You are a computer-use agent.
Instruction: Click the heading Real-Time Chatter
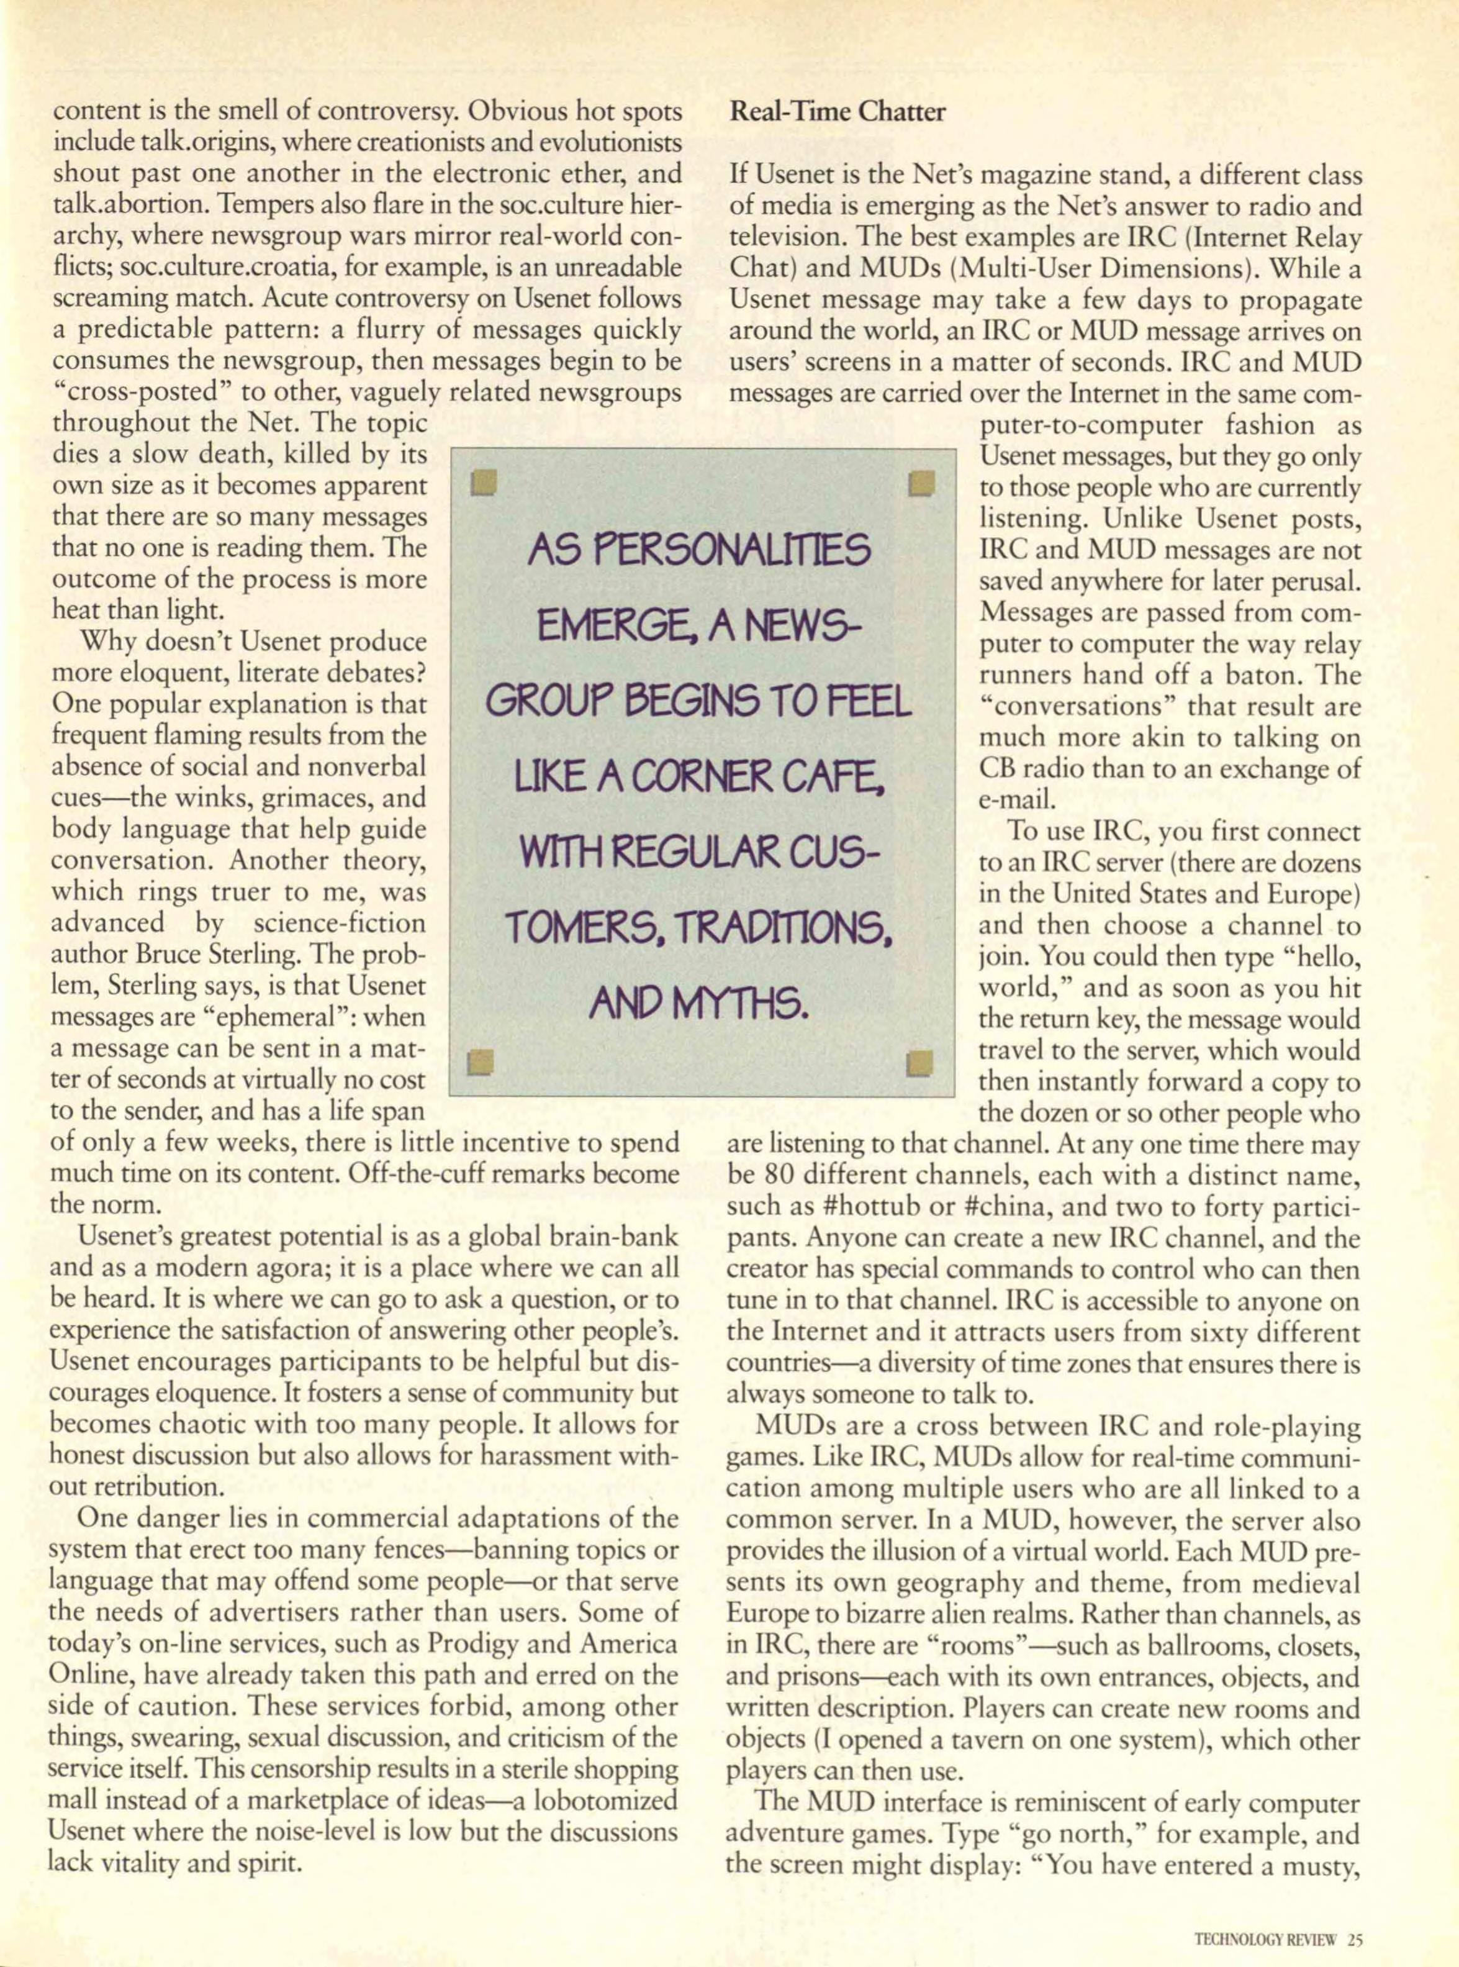[838, 112]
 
